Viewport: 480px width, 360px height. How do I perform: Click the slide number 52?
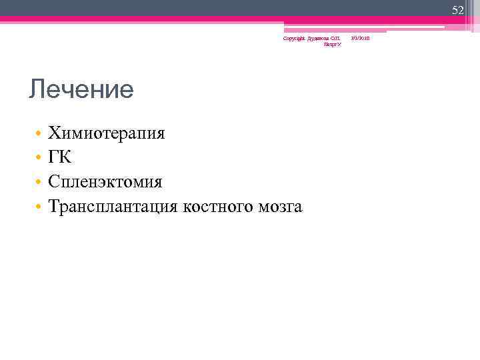tap(457, 10)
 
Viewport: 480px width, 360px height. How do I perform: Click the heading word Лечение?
tap(81, 89)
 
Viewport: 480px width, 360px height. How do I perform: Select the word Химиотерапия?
tap(107, 133)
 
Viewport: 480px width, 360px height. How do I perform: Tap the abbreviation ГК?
tap(59, 157)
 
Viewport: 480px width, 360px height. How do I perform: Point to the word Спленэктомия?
tap(105, 182)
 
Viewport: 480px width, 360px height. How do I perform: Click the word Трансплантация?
tap(113, 207)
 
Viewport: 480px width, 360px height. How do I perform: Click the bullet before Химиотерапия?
tap(39, 134)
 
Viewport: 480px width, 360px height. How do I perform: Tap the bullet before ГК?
tap(39, 158)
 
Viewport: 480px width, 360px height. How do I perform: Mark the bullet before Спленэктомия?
tap(39, 183)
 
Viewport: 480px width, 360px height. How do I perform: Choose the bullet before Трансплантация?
tap(39, 207)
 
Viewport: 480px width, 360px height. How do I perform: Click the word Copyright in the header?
tap(294, 39)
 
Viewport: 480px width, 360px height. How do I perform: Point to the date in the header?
tap(361, 39)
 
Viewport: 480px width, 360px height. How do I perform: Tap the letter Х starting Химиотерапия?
tap(54, 133)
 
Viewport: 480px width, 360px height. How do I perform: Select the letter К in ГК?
tap(65, 157)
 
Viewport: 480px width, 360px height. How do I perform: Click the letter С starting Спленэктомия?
tap(54, 182)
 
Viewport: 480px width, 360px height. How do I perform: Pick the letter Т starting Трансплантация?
tap(54, 207)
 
